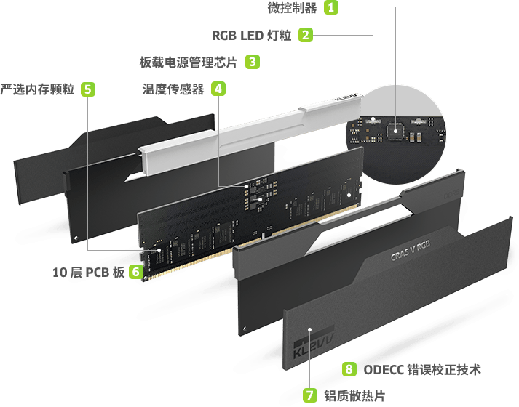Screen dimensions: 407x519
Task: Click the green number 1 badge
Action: [332, 8]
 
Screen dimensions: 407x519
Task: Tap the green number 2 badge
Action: [306, 34]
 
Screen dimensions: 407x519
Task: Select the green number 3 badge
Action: [251, 61]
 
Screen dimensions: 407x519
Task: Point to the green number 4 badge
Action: [218, 88]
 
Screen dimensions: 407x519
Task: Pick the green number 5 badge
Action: [87, 89]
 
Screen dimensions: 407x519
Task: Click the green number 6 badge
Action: [135, 272]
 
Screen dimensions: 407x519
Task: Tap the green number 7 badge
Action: [310, 395]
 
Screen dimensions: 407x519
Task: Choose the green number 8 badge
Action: [349, 368]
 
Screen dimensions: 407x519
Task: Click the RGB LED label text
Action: [252, 35]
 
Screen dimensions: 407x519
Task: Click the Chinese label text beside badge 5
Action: [38, 89]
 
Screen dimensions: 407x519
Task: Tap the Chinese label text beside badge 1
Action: [293, 8]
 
